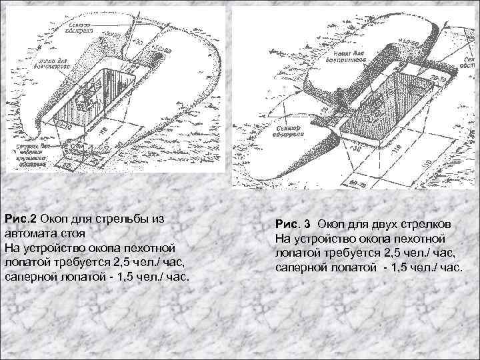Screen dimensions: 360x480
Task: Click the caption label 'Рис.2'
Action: tap(20, 218)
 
